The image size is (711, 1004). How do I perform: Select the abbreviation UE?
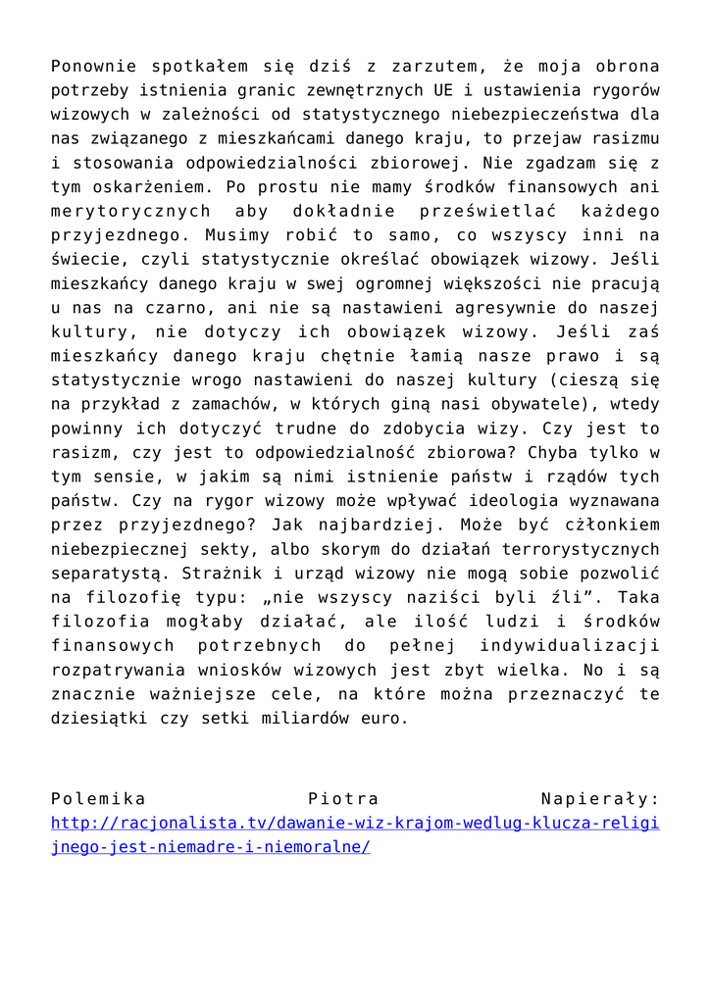tap(442, 91)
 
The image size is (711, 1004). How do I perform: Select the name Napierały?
tap(600, 799)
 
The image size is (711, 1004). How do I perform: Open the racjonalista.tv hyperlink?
tap(355, 824)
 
